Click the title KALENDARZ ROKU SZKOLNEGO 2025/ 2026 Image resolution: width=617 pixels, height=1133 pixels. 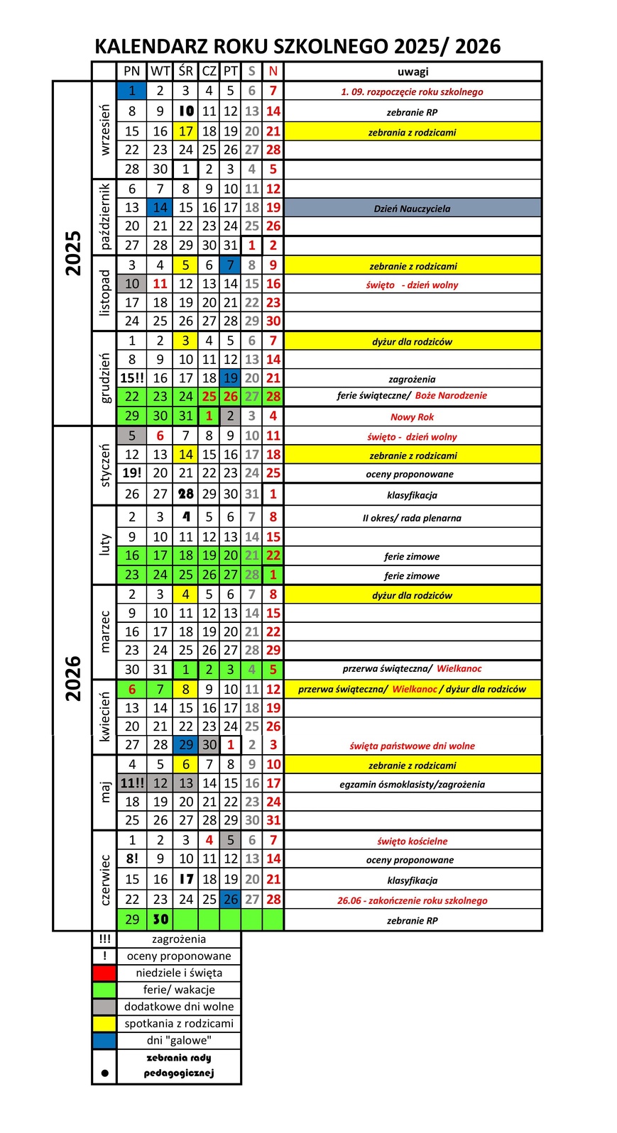(x=297, y=47)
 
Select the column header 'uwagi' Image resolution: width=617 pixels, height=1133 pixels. (x=413, y=72)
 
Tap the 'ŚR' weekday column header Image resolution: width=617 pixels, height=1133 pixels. (x=186, y=71)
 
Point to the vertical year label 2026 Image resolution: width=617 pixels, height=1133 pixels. (x=73, y=678)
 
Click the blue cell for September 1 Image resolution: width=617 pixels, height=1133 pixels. (x=132, y=91)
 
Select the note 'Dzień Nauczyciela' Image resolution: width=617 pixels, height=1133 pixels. (x=412, y=209)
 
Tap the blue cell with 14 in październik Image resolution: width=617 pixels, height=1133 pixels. (x=160, y=208)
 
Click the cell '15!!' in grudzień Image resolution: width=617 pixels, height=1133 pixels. (x=132, y=378)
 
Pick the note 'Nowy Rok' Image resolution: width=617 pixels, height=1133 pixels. (x=412, y=417)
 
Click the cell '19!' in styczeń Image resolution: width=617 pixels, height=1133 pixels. (x=132, y=473)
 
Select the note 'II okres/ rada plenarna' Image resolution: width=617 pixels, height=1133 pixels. (x=412, y=518)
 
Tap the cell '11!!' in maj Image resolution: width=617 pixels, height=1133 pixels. (x=132, y=783)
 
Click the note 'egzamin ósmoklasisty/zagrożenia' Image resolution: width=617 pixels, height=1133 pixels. (x=412, y=785)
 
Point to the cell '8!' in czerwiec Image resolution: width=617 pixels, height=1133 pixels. (x=132, y=858)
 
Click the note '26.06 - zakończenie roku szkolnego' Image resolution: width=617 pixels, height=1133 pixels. (x=412, y=900)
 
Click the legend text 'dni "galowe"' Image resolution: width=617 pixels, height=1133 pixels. (x=179, y=1041)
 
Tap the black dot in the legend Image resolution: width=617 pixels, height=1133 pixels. (x=105, y=1073)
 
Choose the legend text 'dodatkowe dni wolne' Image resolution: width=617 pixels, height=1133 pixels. (x=179, y=1007)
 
